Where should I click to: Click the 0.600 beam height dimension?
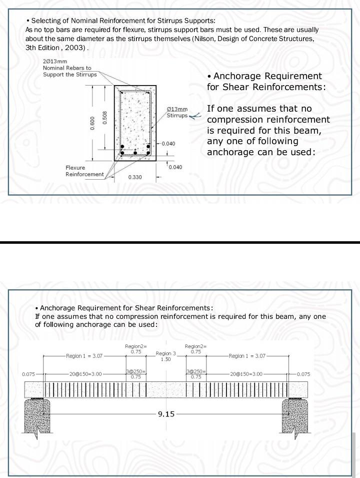[x=92, y=124]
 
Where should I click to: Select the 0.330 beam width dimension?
[x=135, y=177]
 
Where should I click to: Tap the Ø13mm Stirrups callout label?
[x=177, y=112]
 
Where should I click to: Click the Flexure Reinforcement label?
[x=84, y=171]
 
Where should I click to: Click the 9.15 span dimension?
[x=166, y=414]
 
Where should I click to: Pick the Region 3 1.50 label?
[x=166, y=356]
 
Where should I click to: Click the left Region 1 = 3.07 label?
[x=84, y=356]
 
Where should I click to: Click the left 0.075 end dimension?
[x=29, y=374]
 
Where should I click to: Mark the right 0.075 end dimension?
[x=303, y=374]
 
